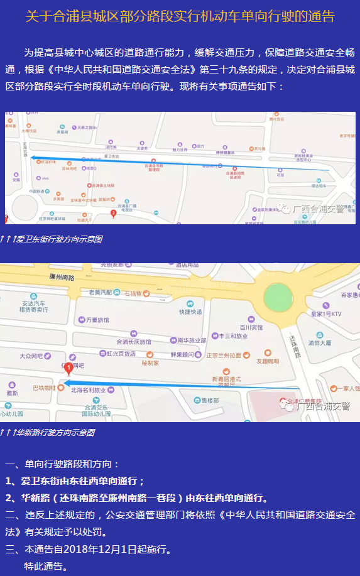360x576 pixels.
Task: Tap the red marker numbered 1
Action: click(x=68, y=369)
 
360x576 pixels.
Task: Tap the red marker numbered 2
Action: click(x=113, y=214)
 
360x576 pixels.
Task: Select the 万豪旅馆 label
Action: click(x=97, y=320)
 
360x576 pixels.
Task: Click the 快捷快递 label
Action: click(x=190, y=312)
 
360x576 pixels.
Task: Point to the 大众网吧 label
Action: click(x=31, y=356)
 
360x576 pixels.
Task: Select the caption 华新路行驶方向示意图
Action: click(x=55, y=433)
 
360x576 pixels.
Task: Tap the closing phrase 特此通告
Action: click(x=44, y=567)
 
